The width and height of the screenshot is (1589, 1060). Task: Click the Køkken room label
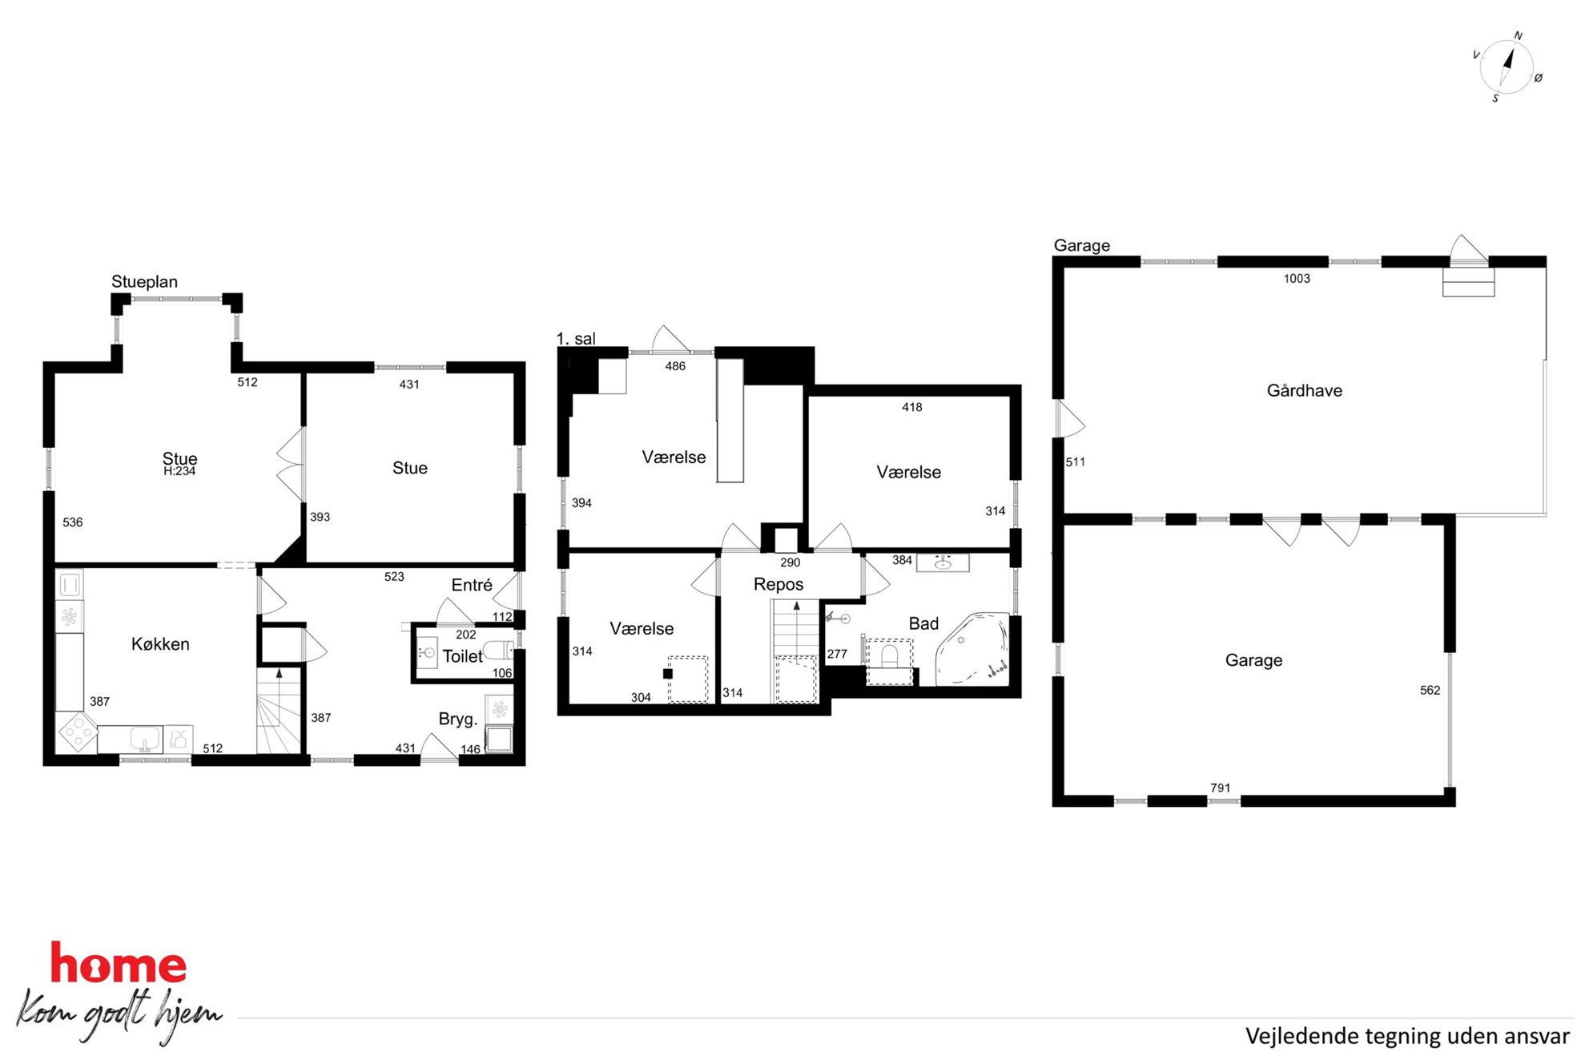coord(160,644)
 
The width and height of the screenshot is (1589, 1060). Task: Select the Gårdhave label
coord(1304,390)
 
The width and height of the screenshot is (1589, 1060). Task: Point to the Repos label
coord(778,584)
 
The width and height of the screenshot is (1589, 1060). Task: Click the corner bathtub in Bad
coord(974,649)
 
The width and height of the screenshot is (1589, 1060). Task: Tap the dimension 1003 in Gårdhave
coord(1297,279)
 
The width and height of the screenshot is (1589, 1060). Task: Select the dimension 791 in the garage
coord(1220,788)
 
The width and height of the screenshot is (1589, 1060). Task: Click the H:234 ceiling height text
coord(179,471)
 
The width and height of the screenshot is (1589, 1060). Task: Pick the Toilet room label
coord(462,656)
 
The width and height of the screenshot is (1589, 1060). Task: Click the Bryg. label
coord(457,719)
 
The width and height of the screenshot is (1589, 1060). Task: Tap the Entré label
coord(472,585)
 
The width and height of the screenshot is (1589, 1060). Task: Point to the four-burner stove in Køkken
coord(78,732)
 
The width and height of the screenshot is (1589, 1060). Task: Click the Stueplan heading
coord(144,282)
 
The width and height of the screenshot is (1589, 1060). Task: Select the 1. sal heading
coord(576,339)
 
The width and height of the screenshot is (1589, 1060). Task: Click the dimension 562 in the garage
coord(1430,690)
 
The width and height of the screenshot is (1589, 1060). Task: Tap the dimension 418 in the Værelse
coord(911,407)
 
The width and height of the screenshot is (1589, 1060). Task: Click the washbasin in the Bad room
coord(943,562)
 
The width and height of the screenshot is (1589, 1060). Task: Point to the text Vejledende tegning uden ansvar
coord(1407,1036)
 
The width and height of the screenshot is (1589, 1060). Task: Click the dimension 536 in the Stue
coord(72,522)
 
